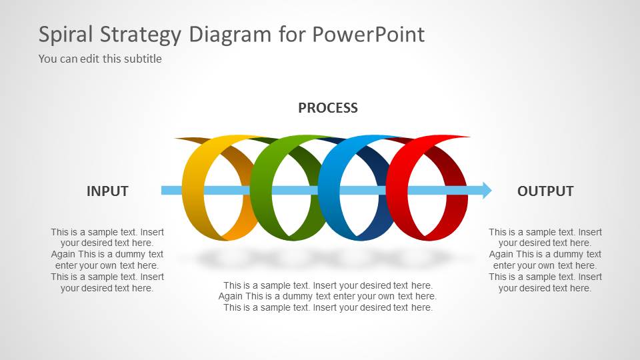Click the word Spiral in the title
(67, 35)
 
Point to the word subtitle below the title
(143, 59)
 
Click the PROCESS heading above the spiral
(327, 108)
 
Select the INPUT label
(107, 191)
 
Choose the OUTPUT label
(545, 191)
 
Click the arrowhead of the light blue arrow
(486, 191)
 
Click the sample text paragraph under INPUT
(107, 260)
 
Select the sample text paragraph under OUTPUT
(545, 260)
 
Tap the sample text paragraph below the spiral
(327, 296)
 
